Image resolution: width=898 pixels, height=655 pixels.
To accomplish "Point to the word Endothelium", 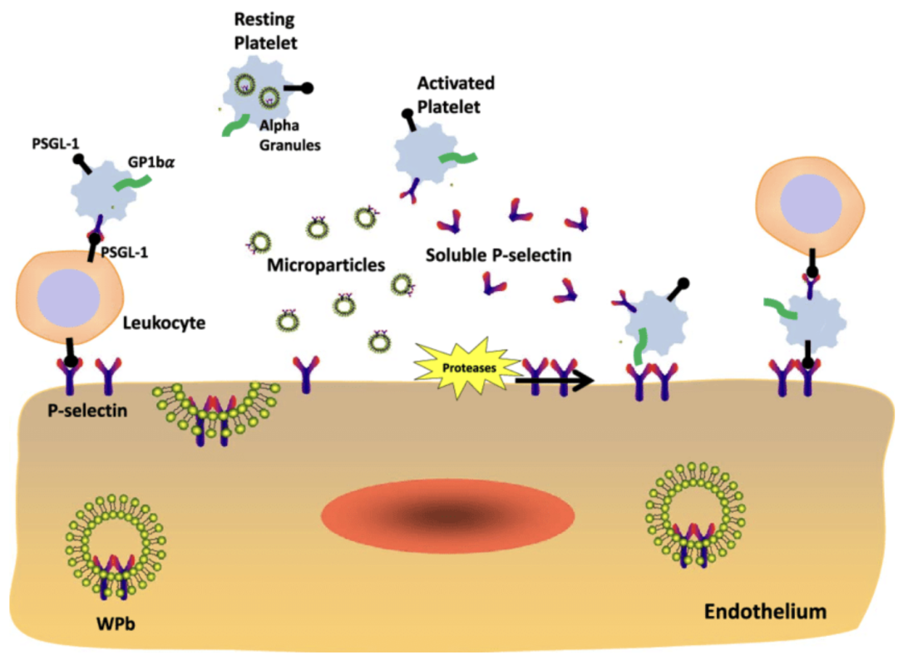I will pyautogui.click(x=765, y=613).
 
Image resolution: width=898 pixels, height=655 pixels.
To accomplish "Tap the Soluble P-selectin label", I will pyautogui.click(x=498, y=255).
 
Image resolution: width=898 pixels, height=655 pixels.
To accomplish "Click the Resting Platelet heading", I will pyautogui.click(x=262, y=28).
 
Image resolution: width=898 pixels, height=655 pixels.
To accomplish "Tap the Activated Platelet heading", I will pyautogui.click(x=456, y=95).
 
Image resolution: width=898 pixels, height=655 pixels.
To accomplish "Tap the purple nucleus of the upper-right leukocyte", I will pyautogui.click(x=802, y=204).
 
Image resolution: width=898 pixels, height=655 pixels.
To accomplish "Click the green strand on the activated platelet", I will pyautogui.click(x=457, y=158).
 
